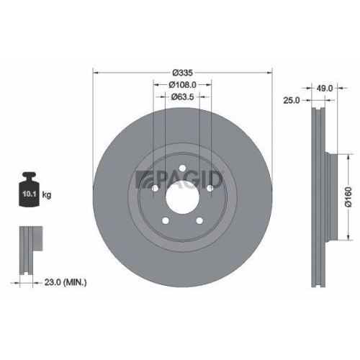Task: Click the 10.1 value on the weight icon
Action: (30, 194)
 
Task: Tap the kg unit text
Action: (48, 194)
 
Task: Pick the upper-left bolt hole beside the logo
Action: (156, 188)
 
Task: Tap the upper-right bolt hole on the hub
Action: (210, 188)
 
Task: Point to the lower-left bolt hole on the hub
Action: (166, 220)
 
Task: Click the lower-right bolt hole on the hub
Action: (200, 220)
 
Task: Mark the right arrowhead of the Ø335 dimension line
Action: (271, 72)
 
